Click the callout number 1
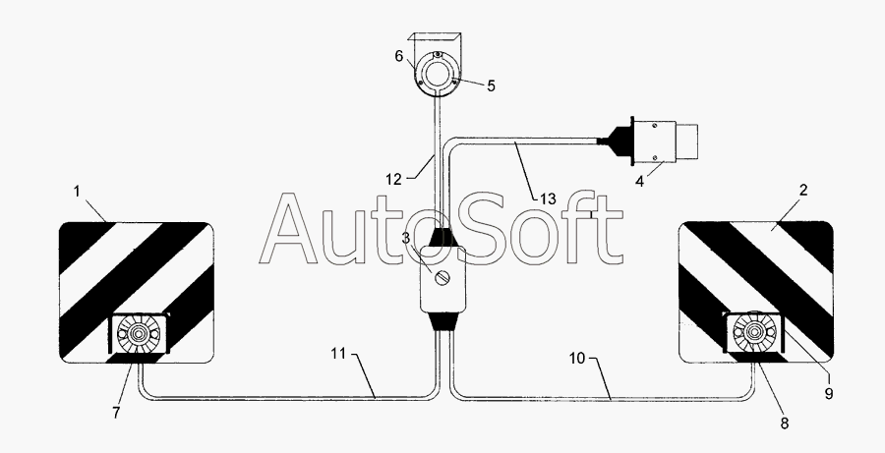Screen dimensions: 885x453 [x=78, y=192]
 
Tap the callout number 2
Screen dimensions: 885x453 [x=803, y=190]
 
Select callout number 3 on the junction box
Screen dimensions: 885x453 [x=406, y=238]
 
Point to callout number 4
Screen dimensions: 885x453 [x=640, y=182]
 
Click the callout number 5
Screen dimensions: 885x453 [x=491, y=86]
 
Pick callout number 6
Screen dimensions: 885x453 [x=399, y=56]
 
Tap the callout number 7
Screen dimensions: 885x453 [x=116, y=413]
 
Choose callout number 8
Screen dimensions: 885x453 [x=784, y=424]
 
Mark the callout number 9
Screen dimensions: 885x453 [x=829, y=393]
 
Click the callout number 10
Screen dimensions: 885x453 [x=577, y=359]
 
